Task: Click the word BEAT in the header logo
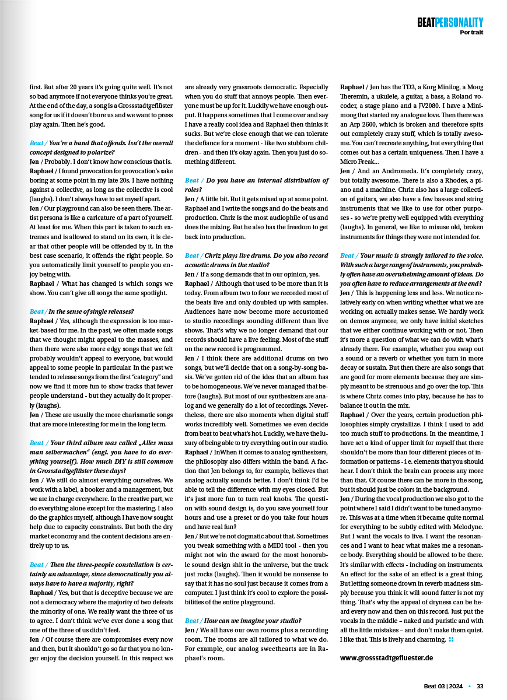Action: pyautogui.click(x=429, y=22)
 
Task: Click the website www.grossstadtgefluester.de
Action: pyautogui.click(x=386, y=657)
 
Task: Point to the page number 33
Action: pyautogui.click(x=480, y=686)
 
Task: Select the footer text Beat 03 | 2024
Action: pyautogui.click(x=444, y=686)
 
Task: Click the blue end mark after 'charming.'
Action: pyautogui.click(x=451, y=640)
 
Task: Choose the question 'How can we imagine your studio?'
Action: pyautogui.click(x=253, y=621)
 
